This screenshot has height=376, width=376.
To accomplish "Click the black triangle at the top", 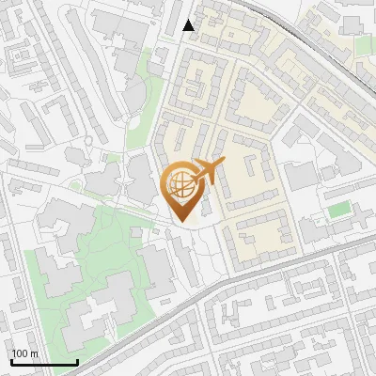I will click(x=188, y=25).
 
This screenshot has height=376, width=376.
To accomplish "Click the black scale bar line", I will click(x=43, y=363).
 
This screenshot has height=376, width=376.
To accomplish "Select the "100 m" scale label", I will click(x=24, y=354).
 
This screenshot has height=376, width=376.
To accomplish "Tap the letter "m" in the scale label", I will click(x=34, y=354).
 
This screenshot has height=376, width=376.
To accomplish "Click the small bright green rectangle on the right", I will click(x=339, y=208).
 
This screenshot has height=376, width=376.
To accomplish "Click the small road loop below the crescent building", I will click(x=88, y=142).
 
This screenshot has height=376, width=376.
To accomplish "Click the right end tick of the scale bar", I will click(x=76, y=361).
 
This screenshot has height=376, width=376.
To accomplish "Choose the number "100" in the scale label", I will click(x=20, y=354).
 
